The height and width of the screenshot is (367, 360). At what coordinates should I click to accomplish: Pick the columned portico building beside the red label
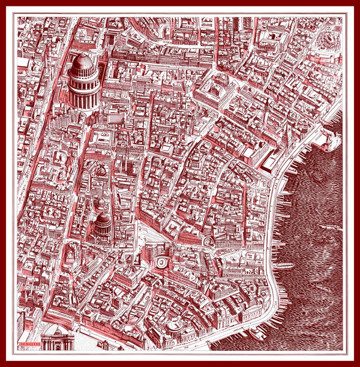(x=58, y=339)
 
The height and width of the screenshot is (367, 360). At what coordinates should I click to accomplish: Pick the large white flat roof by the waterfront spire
(x=268, y=160)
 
